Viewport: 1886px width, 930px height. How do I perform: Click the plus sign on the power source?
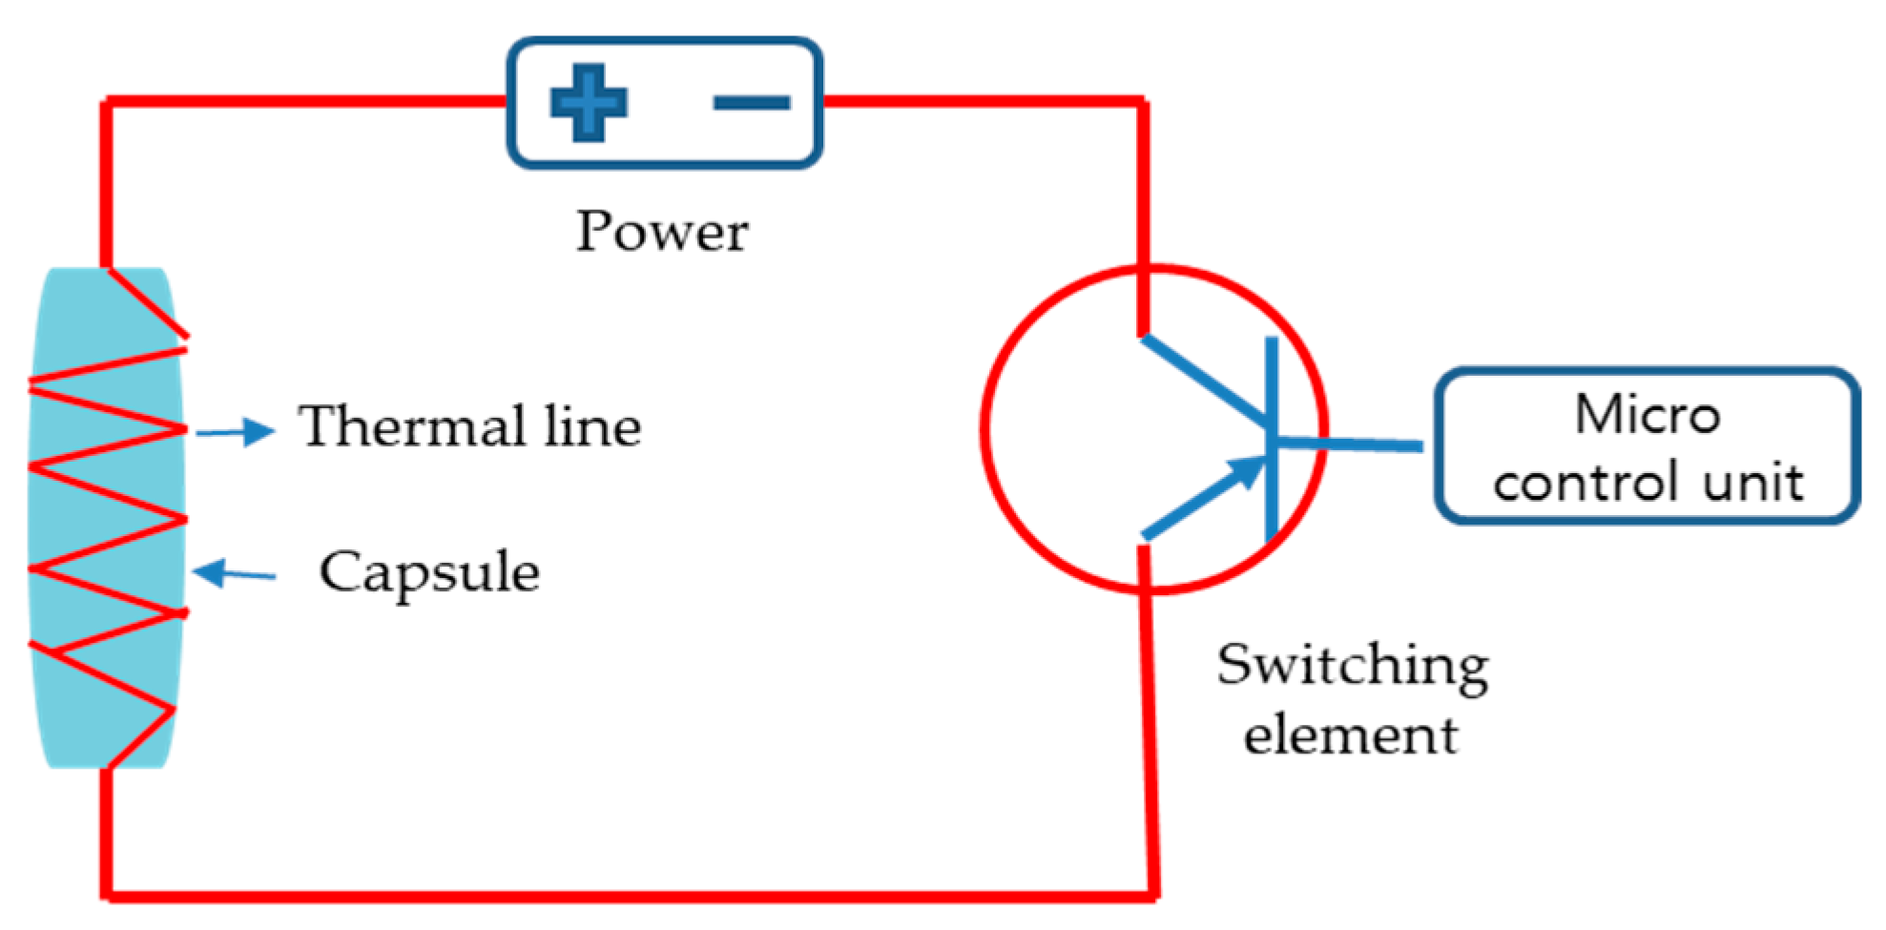click(589, 102)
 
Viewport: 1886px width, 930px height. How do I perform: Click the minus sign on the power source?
click(752, 102)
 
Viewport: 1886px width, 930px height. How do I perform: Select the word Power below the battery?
click(662, 232)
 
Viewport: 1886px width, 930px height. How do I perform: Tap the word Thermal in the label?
click(412, 425)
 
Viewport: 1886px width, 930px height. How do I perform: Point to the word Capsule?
click(429, 572)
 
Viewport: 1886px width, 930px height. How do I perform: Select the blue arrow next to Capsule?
click(234, 573)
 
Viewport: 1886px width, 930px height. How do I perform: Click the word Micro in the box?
click(1648, 414)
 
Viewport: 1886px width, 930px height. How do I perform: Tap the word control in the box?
click(1585, 483)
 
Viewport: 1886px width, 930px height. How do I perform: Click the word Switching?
click(1352, 666)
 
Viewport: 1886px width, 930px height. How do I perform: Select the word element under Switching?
click(1351, 735)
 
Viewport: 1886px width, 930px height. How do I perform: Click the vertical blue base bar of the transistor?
click(1271, 439)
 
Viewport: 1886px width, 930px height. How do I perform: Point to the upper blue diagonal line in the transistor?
click(1204, 380)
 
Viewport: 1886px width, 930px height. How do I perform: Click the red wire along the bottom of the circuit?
click(630, 896)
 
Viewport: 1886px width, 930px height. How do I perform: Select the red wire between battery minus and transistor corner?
click(983, 99)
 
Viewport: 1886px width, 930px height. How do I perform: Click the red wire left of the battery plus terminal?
click(305, 100)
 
